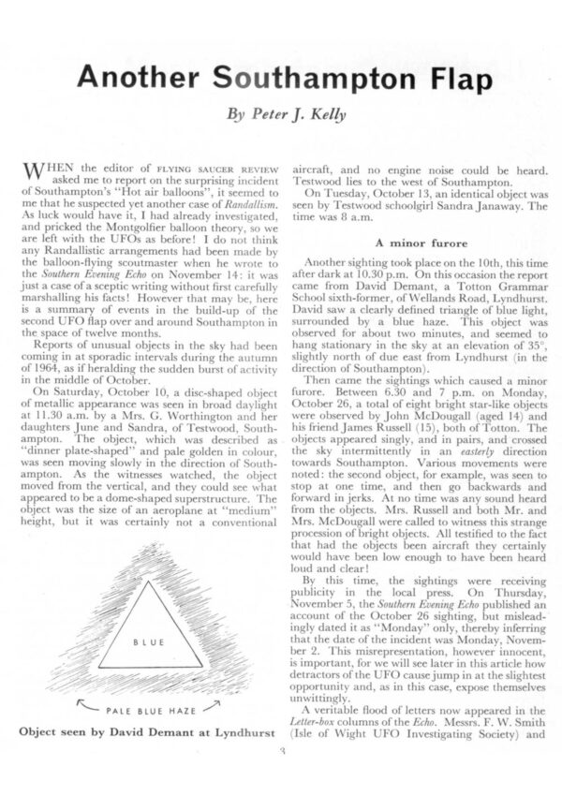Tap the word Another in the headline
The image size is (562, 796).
(135, 81)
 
